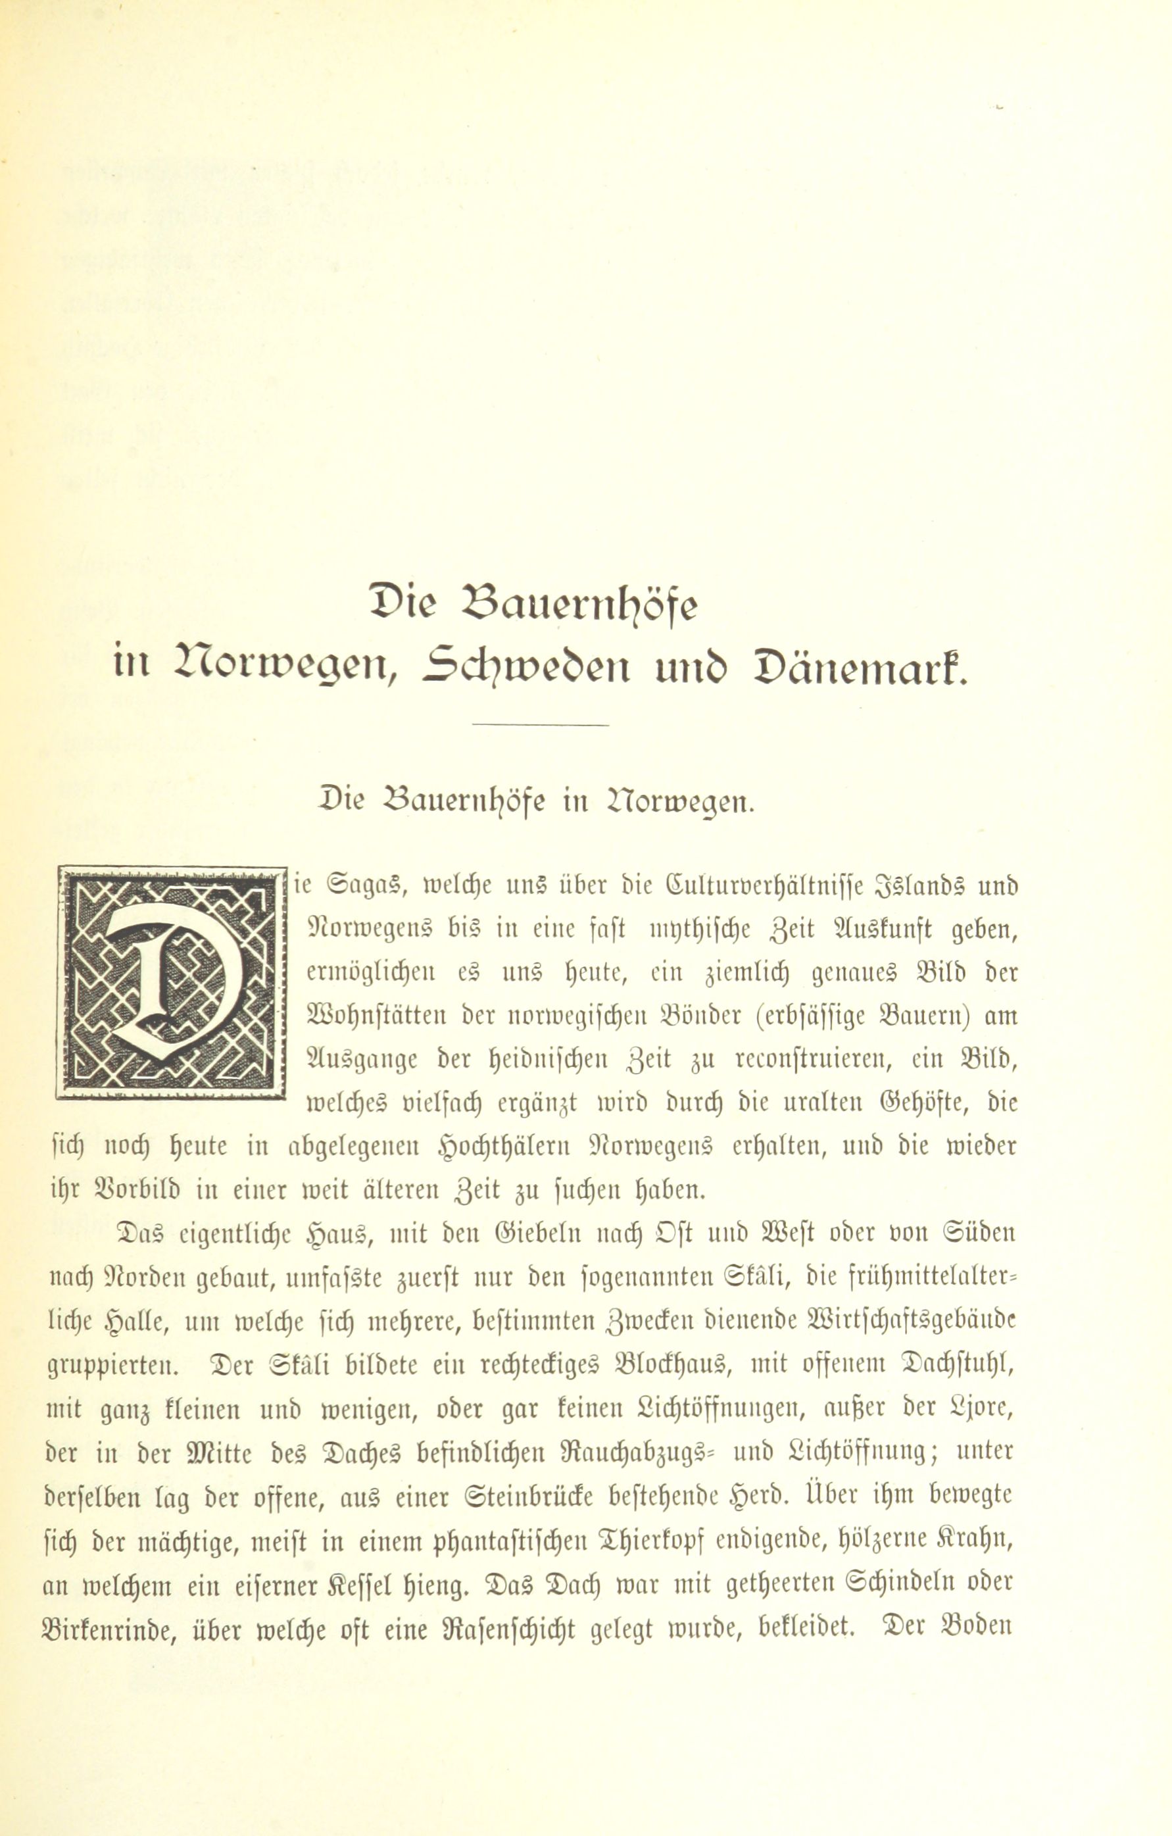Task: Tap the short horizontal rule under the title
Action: (x=540, y=724)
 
